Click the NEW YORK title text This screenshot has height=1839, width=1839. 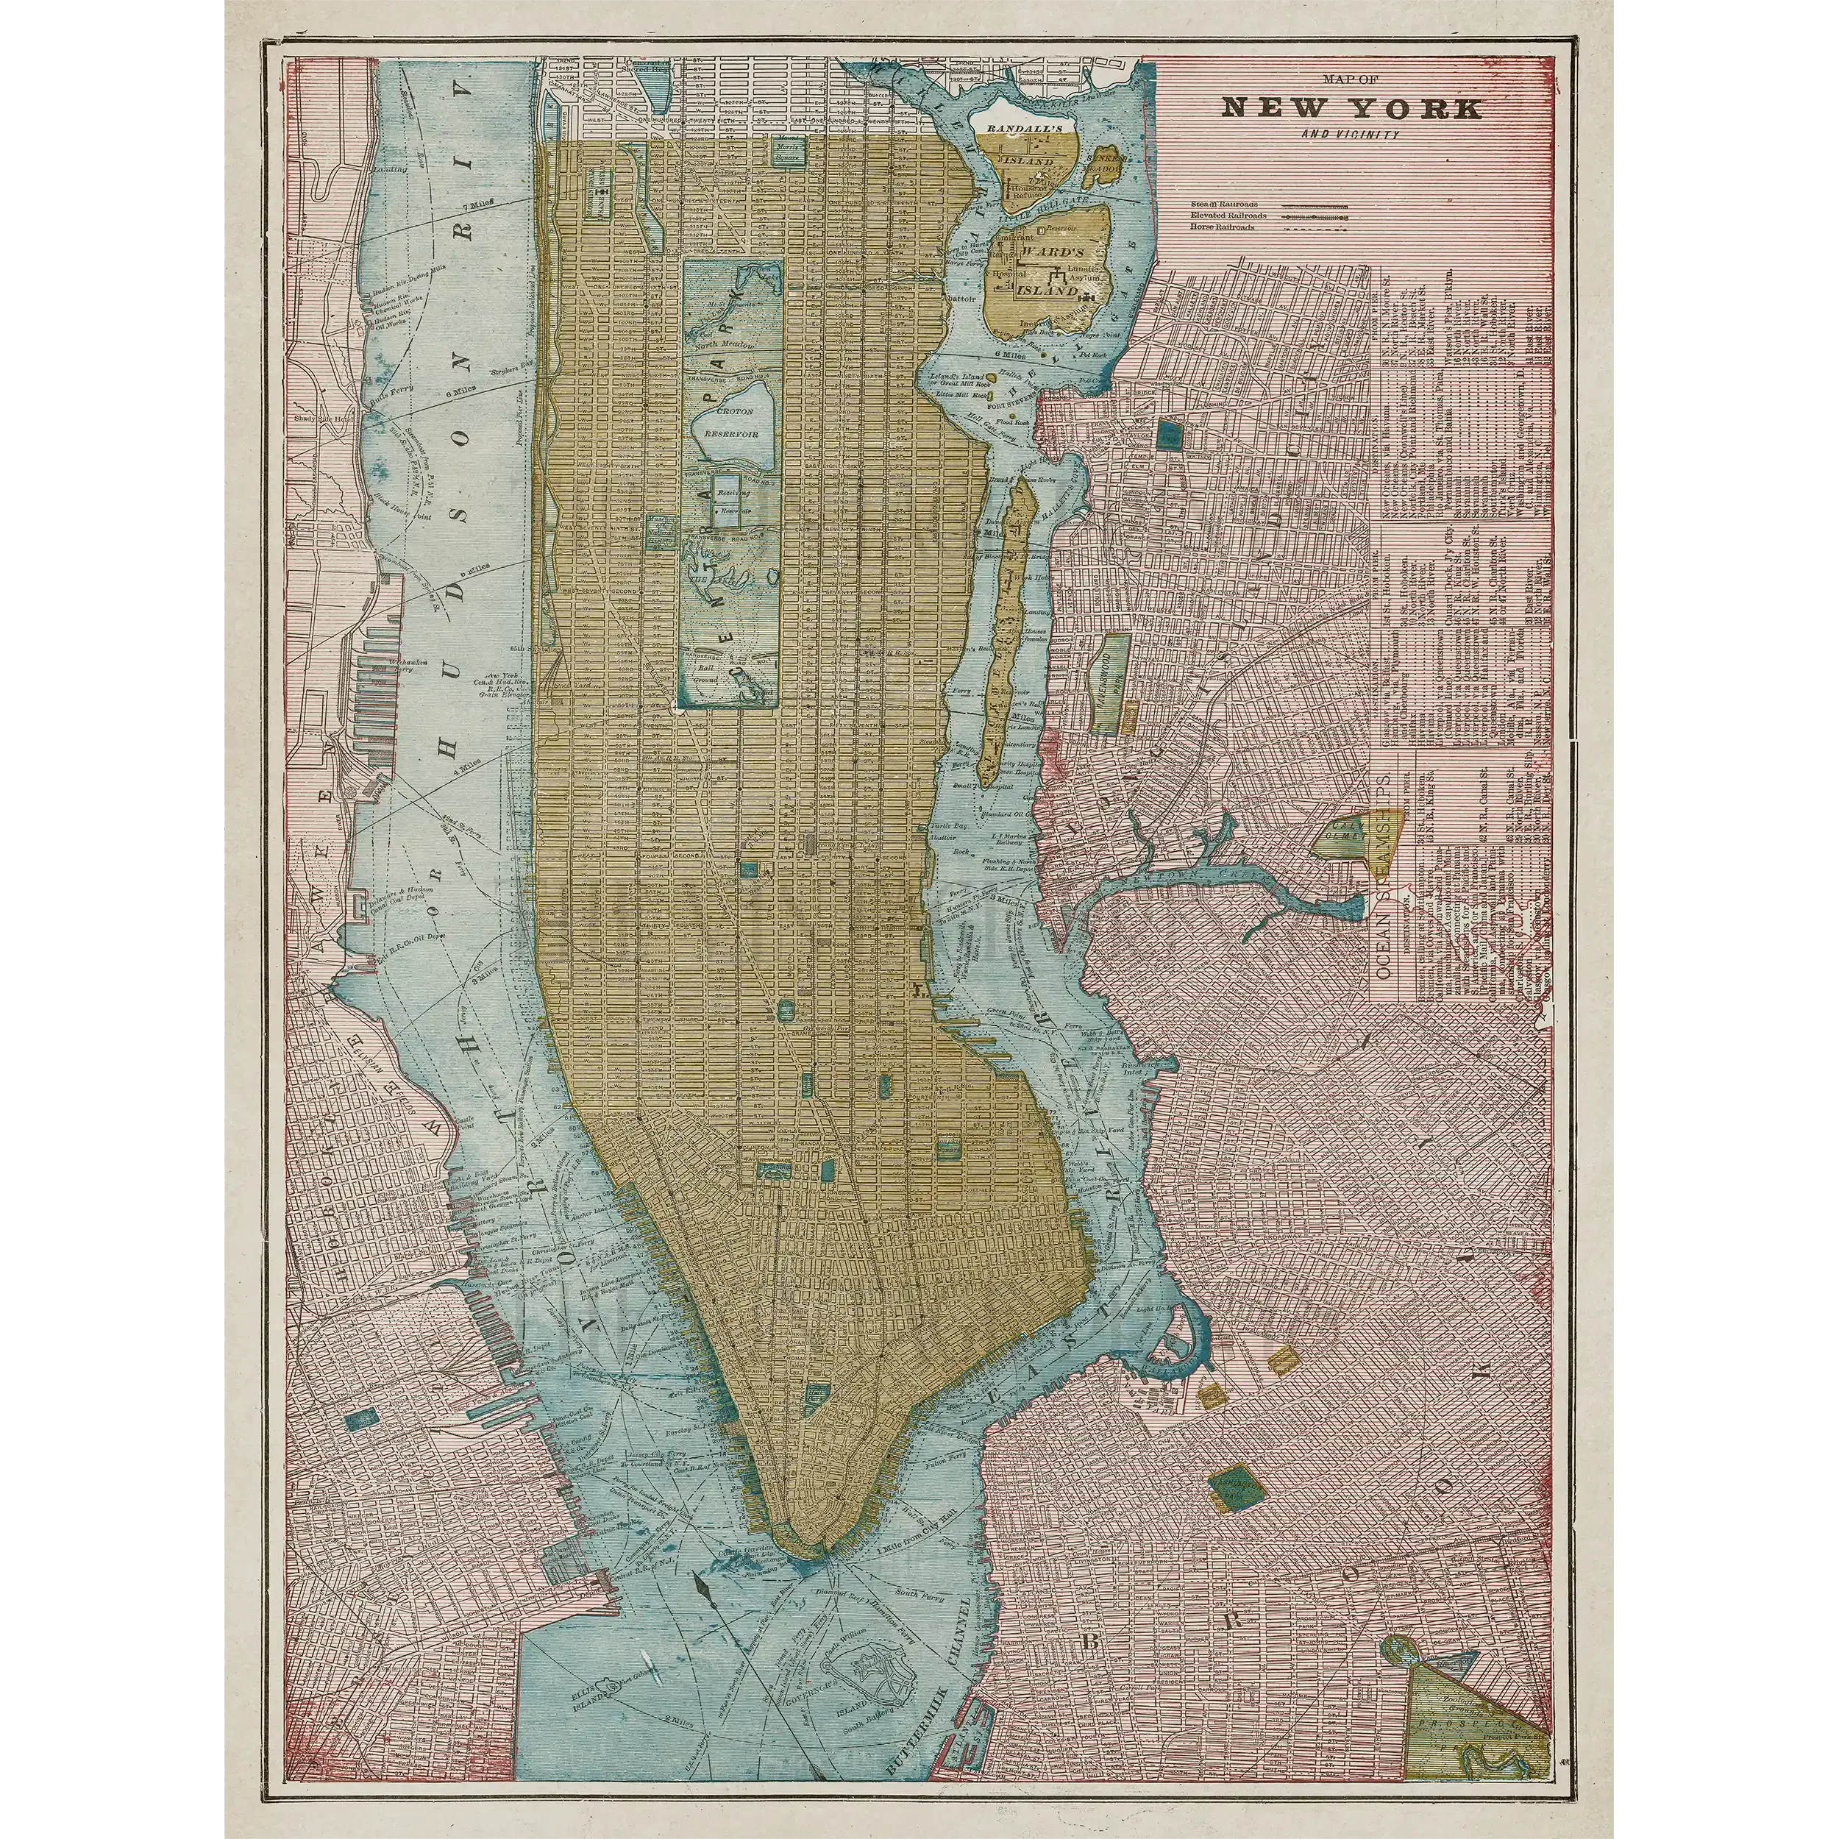point(1351,107)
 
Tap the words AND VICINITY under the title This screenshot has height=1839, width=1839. point(1351,134)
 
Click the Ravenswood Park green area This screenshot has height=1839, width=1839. point(1110,684)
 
